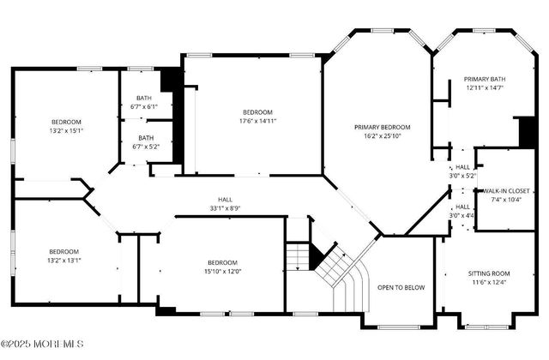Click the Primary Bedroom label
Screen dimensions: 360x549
383,127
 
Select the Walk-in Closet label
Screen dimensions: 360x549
504,190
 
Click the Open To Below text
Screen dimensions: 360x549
401,287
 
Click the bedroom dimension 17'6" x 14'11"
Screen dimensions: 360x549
256,122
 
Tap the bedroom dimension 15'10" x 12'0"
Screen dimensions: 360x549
222,272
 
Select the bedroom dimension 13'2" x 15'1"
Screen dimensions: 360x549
66,131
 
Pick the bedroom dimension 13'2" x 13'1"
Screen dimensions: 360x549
66,260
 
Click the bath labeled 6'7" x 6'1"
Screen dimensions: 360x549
144,107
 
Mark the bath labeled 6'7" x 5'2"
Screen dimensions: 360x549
146,146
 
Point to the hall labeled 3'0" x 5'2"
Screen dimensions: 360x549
462,176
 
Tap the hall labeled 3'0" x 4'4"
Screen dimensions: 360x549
462,215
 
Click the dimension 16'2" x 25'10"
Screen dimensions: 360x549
383,135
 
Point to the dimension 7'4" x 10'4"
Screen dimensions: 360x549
504,199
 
